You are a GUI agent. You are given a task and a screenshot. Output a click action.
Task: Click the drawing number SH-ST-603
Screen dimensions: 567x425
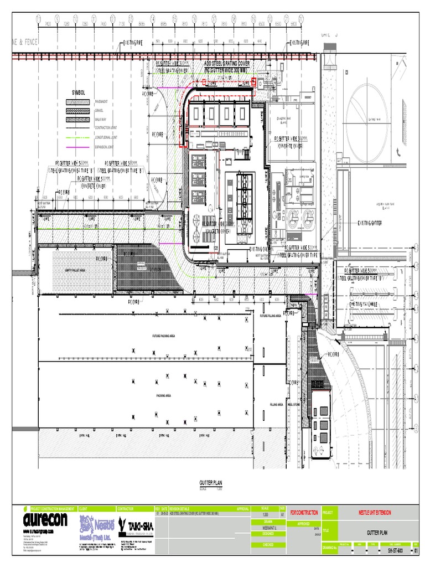tap(394, 551)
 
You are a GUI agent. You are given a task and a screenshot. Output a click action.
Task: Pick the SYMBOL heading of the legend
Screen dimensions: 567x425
tap(79, 92)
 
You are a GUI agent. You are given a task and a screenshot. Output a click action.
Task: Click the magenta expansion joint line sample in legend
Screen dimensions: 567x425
tap(77, 148)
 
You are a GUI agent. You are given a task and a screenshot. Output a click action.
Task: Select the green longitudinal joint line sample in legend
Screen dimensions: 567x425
tap(77, 137)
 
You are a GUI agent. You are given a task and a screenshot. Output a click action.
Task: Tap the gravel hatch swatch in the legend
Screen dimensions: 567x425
tap(77, 110)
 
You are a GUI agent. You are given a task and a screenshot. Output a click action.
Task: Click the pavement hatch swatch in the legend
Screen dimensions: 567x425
tap(77, 102)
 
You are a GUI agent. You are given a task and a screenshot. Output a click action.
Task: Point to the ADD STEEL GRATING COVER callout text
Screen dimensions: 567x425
tap(227, 64)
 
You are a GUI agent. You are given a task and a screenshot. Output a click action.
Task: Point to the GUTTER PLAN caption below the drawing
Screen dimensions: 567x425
tap(210, 483)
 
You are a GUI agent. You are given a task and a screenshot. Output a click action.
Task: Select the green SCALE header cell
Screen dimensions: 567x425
tap(266, 508)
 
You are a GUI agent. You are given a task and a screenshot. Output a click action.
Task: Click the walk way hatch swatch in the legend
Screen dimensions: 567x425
tap(77, 119)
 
